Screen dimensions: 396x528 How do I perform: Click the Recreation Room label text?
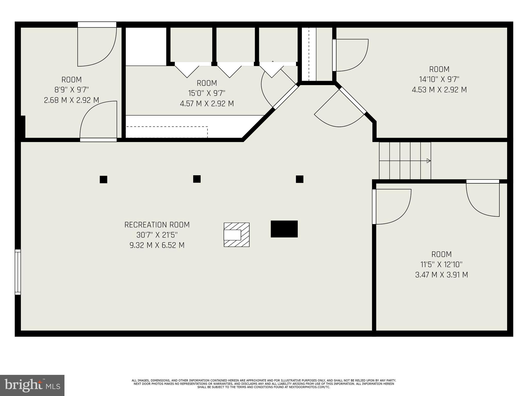[157, 225]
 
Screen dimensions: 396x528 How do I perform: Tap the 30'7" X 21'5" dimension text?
[157, 235]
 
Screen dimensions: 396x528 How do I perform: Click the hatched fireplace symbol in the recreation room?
[236, 235]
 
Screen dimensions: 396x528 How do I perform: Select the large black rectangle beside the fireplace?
[284, 229]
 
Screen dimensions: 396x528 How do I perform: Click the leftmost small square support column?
[103, 179]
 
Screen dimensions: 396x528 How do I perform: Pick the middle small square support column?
[197, 179]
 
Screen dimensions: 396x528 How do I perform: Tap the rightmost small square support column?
[299, 179]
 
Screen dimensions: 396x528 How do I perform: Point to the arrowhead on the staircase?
[428, 161]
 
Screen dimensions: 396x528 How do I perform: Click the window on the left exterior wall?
[18, 272]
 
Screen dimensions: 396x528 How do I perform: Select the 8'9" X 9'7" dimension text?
[71, 90]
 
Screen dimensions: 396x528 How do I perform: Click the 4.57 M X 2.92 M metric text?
[207, 104]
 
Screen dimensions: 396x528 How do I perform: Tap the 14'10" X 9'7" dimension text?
[439, 79]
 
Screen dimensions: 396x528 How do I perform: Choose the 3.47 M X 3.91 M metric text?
[441, 275]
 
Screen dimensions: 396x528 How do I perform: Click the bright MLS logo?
[32, 385]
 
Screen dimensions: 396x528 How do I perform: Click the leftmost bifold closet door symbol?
[187, 70]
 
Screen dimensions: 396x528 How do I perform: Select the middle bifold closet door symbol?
[229, 70]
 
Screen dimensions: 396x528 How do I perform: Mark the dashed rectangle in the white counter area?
[167, 132]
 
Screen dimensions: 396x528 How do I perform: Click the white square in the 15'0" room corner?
[146, 46]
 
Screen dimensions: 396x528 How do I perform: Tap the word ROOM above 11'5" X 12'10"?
[441, 254]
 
